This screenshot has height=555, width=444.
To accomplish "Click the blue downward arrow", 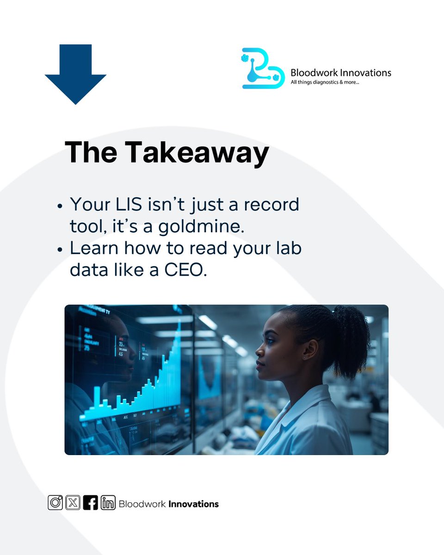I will [x=75, y=74].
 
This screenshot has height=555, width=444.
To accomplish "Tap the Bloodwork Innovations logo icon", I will [x=262, y=68].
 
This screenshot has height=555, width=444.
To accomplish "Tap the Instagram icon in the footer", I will [x=55, y=503].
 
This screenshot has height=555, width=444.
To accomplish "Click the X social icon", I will [x=73, y=503].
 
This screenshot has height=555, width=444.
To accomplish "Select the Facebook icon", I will [x=90, y=503].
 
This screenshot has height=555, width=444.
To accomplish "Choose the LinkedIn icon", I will [x=108, y=503].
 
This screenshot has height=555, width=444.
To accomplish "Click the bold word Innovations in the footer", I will [x=193, y=504].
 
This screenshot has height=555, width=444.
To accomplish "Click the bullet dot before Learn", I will [x=60, y=250].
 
